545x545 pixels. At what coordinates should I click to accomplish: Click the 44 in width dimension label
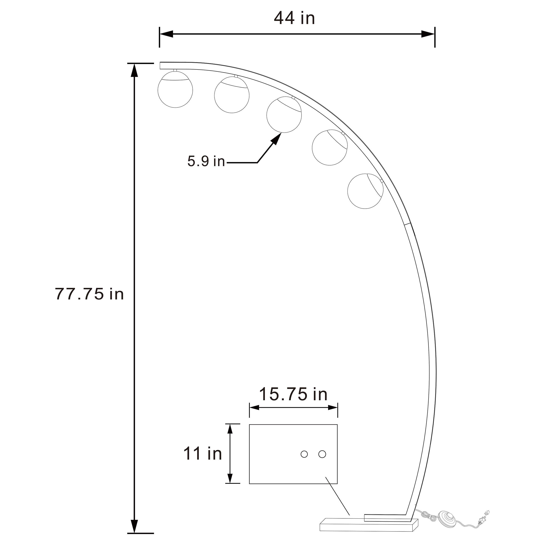[x=294, y=18]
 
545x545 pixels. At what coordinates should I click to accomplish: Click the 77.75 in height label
[x=89, y=294]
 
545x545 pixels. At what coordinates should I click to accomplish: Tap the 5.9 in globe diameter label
[x=206, y=161]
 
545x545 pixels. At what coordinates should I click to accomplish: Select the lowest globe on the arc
[x=365, y=191]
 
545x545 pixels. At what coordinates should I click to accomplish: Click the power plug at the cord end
[x=486, y=512]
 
